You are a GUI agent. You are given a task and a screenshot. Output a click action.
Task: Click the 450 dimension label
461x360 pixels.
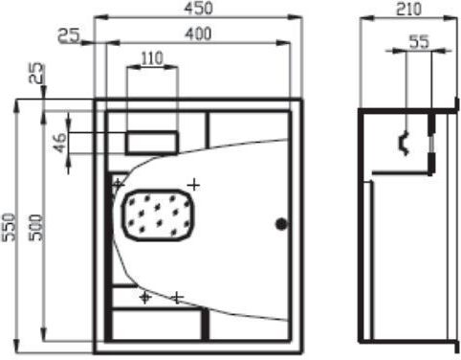point(198,8)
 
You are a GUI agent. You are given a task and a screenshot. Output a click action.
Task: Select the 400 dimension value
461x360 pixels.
point(198,34)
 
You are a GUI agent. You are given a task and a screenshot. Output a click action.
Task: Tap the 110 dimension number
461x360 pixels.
point(152,58)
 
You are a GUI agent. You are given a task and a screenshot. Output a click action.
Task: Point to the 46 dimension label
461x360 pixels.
point(60,143)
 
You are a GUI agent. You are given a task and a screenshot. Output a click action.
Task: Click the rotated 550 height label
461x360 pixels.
point(9,227)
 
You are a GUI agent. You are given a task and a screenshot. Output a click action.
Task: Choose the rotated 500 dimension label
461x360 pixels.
point(35,228)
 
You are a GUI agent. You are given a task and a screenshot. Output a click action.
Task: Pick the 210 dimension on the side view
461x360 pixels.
point(408,9)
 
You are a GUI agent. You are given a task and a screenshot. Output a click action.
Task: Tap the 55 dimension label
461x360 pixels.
point(419,42)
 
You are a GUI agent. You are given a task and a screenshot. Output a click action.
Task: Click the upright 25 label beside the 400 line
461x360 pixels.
point(69,35)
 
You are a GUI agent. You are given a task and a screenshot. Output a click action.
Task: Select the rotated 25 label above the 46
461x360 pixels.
point(37,73)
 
